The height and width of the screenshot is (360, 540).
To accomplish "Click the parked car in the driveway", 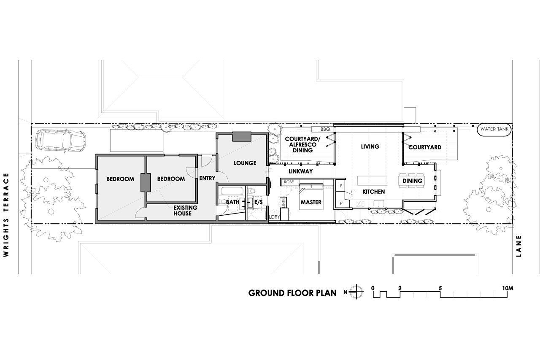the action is click(x=60, y=141).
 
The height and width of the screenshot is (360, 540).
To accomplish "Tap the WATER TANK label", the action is click(x=494, y=129).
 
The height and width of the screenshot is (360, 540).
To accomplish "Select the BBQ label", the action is click(x=325, y=130).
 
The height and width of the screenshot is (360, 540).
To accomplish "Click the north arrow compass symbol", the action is click(x=356, y=292).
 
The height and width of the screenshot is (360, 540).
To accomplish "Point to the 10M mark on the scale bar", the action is click(x=508, y=288).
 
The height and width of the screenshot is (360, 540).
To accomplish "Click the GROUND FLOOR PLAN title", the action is click(x=292, y=293).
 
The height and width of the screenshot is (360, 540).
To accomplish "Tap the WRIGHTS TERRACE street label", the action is click(x=6, y=215).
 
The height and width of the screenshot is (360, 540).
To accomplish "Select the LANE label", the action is click(x=519, y=246).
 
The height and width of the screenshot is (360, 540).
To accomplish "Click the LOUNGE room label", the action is click(x=245, y=163).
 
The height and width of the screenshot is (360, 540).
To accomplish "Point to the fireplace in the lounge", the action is click(x=242, y=137).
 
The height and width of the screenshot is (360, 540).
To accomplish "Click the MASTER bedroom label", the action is click(x=311, y=202).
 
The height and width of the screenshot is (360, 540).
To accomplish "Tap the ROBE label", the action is click(x=289, y=182).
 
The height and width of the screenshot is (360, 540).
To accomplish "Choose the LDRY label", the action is click(x=275, y=217).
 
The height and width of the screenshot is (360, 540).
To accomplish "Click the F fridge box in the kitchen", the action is click(x=341, y=186).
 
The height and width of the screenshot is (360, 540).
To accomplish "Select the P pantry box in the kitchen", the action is click(x=341, y=203).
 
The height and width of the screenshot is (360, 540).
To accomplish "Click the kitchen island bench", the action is click(x=372, y=181).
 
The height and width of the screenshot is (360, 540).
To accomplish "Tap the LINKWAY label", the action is click(x=301, y=171).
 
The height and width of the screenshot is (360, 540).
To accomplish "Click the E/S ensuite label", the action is click(x=259, y=202).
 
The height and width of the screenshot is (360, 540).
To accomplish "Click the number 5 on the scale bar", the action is click(x=440, y=288).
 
